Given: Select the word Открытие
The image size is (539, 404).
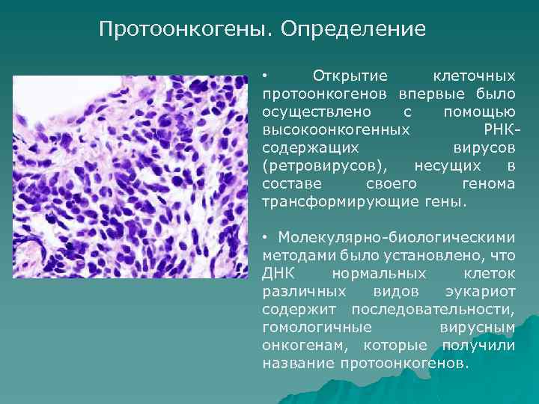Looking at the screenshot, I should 350,76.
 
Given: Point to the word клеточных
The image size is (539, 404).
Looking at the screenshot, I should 475,76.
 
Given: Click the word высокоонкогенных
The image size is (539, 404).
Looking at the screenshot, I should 336,130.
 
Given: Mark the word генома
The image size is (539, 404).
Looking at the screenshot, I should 490,184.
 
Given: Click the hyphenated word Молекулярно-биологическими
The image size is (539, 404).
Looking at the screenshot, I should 397,238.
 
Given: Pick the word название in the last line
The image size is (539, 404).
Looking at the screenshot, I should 298,364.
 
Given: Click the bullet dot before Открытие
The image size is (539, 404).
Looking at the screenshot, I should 265,76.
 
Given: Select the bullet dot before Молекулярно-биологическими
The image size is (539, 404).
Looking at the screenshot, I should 265,238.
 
